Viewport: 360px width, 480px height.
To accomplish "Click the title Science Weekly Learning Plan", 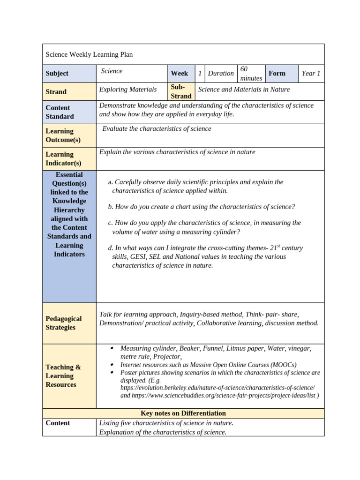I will pos(89,54).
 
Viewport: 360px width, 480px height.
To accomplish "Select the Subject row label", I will pos(57,74).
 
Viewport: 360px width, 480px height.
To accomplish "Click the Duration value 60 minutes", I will pos(251,74).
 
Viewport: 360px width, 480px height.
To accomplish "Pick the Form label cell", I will pos(277,74).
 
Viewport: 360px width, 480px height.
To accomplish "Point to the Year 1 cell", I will pos(311,74).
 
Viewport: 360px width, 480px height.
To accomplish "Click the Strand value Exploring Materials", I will pos(128,89).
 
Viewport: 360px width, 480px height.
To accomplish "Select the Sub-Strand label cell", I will pos(181,91).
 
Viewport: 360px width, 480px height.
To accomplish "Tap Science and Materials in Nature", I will pos(244,89).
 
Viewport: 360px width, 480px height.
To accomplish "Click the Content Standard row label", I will pos(60,112).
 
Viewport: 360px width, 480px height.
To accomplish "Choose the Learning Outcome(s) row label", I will pos(63,135).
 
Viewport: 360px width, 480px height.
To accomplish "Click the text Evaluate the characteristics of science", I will pos(157,129).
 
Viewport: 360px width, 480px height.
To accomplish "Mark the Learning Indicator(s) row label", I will pos(63,159).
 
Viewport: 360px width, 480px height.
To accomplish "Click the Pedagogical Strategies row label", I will pos(63,323).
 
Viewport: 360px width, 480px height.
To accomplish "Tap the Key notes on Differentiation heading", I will pos(183,413).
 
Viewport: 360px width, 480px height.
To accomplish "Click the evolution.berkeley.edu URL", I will pos(217,388).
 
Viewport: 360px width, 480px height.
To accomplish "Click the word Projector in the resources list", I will pos(166,357).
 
